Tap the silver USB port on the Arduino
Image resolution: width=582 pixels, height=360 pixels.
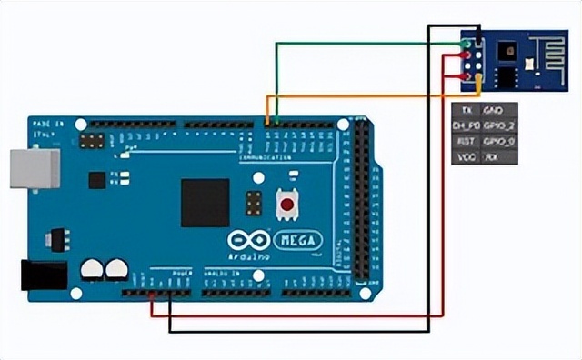[34, 169]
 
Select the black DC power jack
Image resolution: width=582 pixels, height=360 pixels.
[44, 275]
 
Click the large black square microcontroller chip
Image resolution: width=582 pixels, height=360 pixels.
[205, 202]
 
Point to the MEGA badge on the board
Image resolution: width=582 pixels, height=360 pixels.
[297, 241]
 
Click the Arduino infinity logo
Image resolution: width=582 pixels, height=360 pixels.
[248, 241]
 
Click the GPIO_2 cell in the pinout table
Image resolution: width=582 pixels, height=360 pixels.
[499, 125]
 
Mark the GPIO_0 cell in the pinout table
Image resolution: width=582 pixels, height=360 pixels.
[499, 141]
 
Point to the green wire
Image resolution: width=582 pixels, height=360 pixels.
[364, 42]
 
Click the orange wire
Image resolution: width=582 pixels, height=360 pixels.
[364, 95]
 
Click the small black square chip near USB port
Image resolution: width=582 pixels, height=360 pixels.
[96, 180]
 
